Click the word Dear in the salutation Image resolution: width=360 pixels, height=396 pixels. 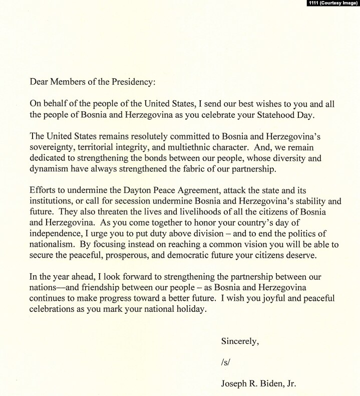point(39,82)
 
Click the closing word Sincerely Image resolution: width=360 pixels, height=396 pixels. point(240,342)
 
